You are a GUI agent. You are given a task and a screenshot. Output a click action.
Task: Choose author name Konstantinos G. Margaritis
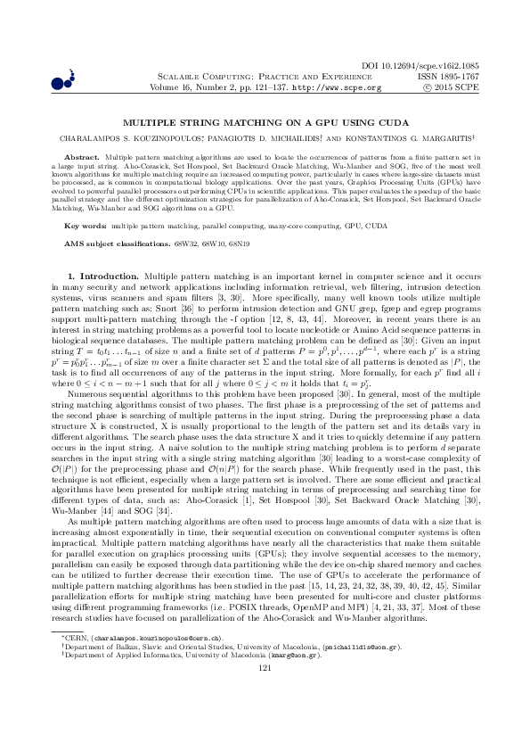pyautogui.click(x=408, y=139)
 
